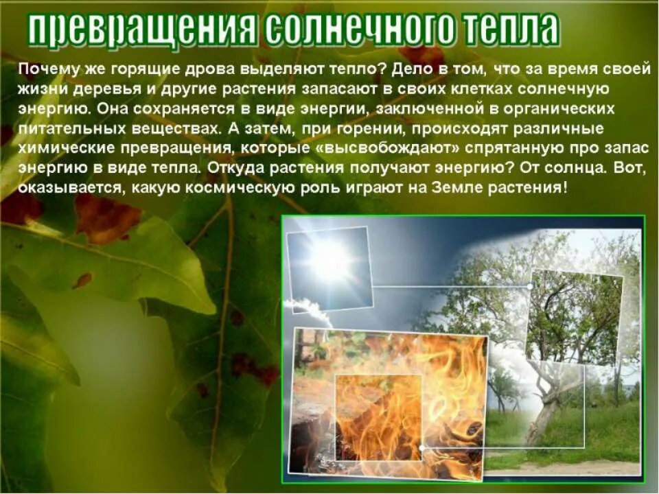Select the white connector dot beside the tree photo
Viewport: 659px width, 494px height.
[x=530, y=285]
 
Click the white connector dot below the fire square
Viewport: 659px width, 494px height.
[x=421, y=447]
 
